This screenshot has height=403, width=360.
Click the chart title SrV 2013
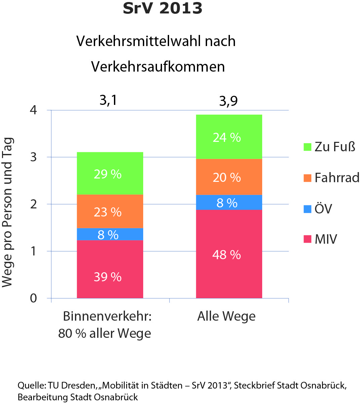click(x=162, y=9)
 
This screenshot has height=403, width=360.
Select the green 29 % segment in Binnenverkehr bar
click(x=110, y=173)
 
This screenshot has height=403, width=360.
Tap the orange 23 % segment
click(x=110, y=211)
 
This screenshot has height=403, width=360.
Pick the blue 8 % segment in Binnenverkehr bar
click(x=110, y=234)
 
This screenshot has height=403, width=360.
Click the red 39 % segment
click(x=110, y=269)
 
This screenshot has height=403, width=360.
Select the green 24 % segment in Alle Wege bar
click(x=229, y=137)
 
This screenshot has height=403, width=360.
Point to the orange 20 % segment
click(x=229, y=177)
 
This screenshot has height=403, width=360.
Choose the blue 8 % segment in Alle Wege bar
click(x=229, y=202)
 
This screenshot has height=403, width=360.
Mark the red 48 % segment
click(x=229, y=254)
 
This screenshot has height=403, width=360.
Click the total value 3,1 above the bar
click(x=108, y=100)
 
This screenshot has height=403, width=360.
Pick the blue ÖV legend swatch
click(x=307, y=209)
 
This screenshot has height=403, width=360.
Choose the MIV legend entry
click(x=325, y=239)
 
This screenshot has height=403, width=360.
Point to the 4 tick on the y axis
click(x=34, y=110)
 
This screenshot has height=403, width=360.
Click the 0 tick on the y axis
click(x=34, y=298)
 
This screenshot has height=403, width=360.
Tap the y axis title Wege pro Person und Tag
click(x=7, y=212)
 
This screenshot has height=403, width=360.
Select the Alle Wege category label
click(x=226, y=316)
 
